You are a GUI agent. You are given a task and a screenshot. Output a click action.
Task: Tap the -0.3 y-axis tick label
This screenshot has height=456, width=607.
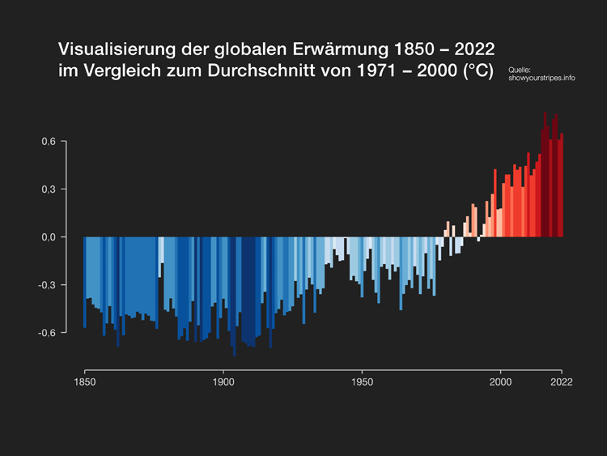pos(47,285)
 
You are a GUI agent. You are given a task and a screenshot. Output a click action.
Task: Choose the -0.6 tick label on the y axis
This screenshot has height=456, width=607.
pos(47,333)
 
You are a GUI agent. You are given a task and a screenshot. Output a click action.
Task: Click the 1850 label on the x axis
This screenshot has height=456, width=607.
pos(84,381)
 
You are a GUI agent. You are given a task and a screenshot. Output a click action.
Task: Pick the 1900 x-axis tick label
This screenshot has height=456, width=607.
pos(223,381)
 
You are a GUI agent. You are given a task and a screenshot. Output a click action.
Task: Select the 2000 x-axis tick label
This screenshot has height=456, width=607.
pos(501,381)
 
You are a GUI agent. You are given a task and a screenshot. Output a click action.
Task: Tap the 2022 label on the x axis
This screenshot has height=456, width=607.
pos(562,381)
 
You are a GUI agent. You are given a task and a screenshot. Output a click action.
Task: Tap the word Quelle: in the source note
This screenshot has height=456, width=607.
pos(520,70)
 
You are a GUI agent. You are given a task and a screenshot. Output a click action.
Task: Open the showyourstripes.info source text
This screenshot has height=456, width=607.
pos(541,78)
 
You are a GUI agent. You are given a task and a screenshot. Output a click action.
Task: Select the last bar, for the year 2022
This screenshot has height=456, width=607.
pos(562,185)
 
